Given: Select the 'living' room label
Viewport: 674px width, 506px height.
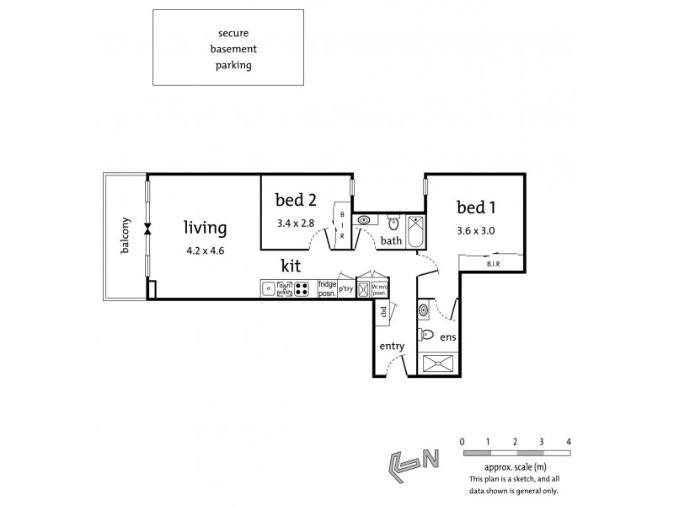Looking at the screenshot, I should tap(206, 228).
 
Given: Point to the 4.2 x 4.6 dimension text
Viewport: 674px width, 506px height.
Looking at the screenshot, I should tap(206, 250).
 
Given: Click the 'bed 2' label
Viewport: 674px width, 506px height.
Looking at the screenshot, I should tap(296, 201).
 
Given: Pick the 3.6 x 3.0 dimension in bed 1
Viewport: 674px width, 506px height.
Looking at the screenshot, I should tap(475, 228).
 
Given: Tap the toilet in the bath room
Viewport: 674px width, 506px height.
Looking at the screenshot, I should tap(393, 224).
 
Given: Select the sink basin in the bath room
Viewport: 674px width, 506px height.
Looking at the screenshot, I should tap(364, 221).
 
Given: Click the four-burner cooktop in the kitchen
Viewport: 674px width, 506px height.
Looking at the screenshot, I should tap(301, 289).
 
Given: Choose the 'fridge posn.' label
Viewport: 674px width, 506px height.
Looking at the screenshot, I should tap(327, 289).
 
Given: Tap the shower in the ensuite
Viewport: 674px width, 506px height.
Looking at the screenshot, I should tap(437, 364).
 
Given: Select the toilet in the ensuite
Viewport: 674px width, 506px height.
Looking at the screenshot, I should tap(425, 335).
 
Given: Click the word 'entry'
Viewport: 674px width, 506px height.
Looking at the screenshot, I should tap(393, 346).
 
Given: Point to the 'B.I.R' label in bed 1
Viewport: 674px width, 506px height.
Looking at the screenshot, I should tap(493, 265).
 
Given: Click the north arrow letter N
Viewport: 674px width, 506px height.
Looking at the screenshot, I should tap(431, 460).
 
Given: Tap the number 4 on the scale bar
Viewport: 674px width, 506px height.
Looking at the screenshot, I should tap(570, 441).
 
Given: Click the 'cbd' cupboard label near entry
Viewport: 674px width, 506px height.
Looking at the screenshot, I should tap(383, 312).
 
